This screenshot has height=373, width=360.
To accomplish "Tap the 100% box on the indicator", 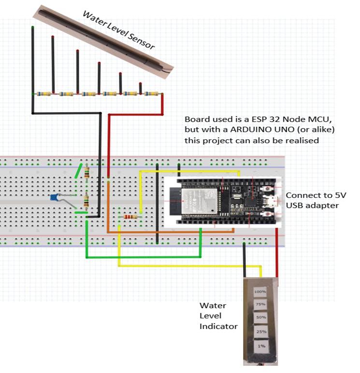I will tap(260, 292).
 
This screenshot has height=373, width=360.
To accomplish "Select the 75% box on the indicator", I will tap(260, 305).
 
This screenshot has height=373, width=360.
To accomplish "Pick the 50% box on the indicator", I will tap(260, 318).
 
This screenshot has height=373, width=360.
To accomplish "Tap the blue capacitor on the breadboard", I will tap(55, 197).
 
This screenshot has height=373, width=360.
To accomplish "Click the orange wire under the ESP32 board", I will tap(169, 233).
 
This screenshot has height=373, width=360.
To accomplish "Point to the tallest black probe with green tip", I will tap(33, 58).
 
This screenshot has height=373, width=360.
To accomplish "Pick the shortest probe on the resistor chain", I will tap(141, 88).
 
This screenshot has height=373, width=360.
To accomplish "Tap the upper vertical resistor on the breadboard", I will tap(86, 172).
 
